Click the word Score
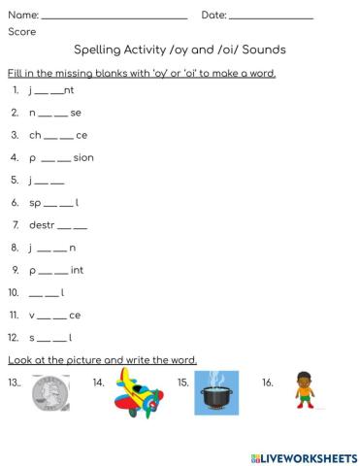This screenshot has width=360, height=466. pyautogui.click(x=21, y=32)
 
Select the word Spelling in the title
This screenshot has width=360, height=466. pyautogui.click(x=99, y=50)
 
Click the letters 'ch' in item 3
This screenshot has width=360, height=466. pyautogui.click(x=35, y=135)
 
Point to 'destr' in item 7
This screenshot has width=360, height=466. pyautogui.click(x=43, y=225)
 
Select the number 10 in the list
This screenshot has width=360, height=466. pyautogui.click(x=14, y=292)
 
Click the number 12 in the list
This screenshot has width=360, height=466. pyautogui.click(x=14, y=337)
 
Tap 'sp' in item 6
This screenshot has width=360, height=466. pyautogui.click(x=35, y=203)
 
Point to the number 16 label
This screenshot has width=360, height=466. pyautogui.click(x=267, y=383)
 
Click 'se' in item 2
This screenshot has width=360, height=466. pyautogui.click(x=76, y=113)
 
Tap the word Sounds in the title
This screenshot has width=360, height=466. pyautogui.click(x=264, y=50)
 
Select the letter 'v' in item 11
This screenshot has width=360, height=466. pyautogui.click(x=32, y=315)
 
